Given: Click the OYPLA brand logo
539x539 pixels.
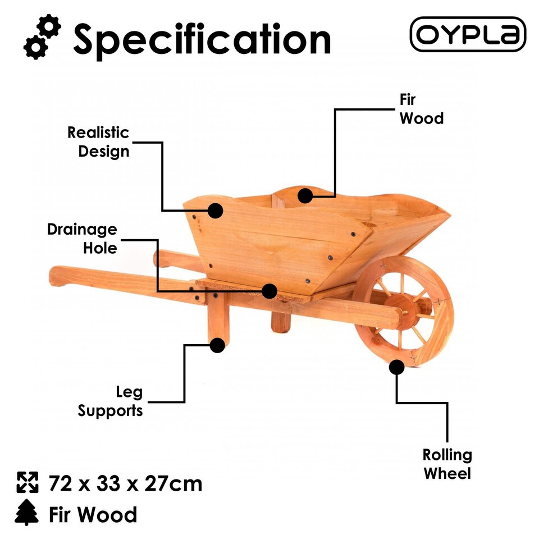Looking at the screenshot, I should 468,34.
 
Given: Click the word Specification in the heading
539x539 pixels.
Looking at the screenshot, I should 202,39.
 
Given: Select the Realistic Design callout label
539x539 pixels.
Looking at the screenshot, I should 99,142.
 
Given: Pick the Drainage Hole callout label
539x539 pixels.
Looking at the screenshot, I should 83,238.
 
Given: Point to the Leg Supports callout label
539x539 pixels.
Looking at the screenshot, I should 111,401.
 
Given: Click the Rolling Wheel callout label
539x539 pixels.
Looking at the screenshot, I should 447,464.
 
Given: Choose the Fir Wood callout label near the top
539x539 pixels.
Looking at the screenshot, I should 421,109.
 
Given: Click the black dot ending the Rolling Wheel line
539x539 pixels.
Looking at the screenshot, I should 396,367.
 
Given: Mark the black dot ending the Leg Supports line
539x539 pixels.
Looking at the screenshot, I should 217,344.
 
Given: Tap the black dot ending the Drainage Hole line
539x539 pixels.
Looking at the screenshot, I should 269,291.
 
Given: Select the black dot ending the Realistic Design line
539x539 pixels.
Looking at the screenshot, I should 215,211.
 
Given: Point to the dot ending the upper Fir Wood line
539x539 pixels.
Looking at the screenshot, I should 305,195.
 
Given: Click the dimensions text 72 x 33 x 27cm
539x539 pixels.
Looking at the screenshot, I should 125,483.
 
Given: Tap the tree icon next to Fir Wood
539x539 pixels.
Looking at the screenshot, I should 27,513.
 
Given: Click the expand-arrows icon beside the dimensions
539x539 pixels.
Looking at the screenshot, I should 27,482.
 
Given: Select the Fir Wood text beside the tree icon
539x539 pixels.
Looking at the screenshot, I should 93,514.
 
